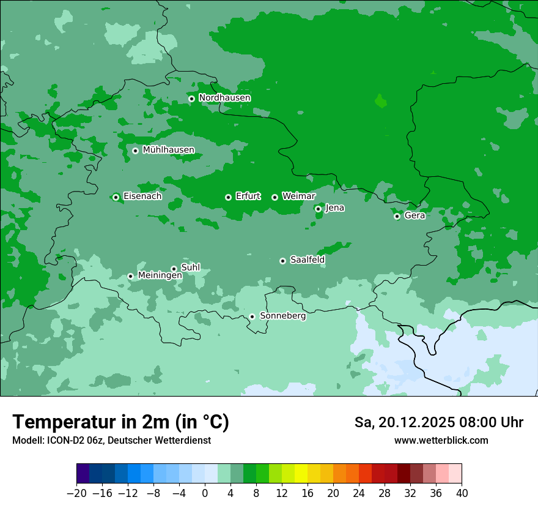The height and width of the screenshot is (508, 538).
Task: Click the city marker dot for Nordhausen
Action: (x=191, y=99)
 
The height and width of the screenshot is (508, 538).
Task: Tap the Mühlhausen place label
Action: (x=168, y=150)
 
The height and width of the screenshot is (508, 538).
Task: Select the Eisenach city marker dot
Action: (x=116, y=197)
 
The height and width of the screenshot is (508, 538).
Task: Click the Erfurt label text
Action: (x=248, y=196)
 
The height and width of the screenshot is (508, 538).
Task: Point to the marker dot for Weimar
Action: (x=275, y=197)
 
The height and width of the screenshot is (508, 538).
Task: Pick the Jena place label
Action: (x=334, y=208)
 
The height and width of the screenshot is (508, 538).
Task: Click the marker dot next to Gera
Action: (x=397, y=216)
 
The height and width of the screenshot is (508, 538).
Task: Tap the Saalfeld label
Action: (x=307, y=260)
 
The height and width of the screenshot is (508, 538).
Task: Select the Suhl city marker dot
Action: (x=174, y=269)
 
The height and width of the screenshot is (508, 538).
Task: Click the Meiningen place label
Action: (x=160, y=276)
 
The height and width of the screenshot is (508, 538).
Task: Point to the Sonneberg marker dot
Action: (x=252, y=316)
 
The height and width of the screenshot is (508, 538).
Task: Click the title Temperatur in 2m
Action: (x=120, y=422)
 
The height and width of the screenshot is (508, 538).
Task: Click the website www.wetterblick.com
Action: (x=441, y=441)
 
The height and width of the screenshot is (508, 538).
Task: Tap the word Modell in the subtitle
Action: (x=27, y=441)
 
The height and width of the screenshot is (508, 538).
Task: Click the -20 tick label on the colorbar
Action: (x=76, y=493)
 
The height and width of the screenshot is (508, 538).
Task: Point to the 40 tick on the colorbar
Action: (x=462, y=493)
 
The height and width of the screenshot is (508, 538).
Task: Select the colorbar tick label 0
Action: (x=205, y=493)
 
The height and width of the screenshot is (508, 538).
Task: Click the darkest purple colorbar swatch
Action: (x=83, y=474)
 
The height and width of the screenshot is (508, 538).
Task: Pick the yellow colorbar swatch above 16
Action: (x=301, y=474)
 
